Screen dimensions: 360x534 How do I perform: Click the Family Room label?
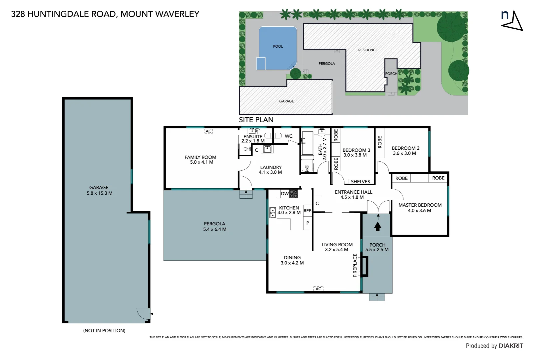[x=200, y=157]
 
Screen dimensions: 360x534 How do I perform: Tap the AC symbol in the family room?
[x=209, y=131]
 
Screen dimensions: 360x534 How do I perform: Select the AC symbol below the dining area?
[x=318, y=289]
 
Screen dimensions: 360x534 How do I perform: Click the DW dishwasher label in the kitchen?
[x=285, y=194]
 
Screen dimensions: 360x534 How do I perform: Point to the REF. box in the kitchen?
[x=307, y=211]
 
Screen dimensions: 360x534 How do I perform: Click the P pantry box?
[x=307, y=223]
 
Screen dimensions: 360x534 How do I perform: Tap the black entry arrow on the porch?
[x=377, y=227]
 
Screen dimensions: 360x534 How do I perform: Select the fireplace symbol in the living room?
[x=365, y=266]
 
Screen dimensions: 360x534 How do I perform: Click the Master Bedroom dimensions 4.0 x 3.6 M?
[x=419, y=211]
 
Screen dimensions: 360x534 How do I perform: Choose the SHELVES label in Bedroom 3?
[x=360, y=182]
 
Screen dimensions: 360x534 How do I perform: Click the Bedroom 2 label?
[x=405, y=148]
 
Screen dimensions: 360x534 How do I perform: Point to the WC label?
[x=288, y=136]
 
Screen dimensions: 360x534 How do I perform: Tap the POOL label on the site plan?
[x=278, y=47]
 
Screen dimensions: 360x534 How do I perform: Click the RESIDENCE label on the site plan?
[x=368, y=50]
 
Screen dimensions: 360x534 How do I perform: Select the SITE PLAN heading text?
[x=256, y=120]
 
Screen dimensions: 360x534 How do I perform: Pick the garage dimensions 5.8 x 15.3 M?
[x=100, y=193]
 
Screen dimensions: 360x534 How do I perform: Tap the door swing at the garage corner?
[x=142, y=313]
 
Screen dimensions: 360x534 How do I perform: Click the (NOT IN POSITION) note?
[x=104, y=331]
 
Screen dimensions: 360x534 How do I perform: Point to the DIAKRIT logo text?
[x=511, y=346]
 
